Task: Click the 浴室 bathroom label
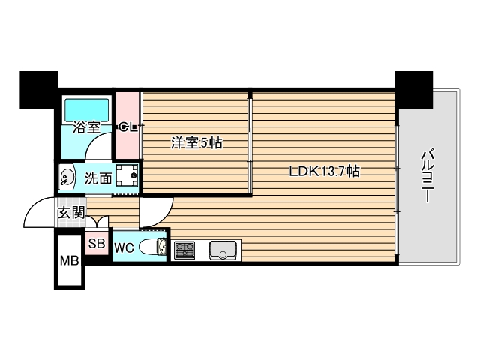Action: pyautogui.click(x=86, y=127)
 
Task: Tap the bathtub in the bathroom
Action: pyautogui.click(x=87, y=110)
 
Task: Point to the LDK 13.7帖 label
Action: pyautogui.click(x=325, y=171)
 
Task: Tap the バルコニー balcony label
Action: pyautogui.click(x=427, y=177)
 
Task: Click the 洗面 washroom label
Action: pyautogui.click(x=97, y=178)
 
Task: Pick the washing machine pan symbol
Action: pyautogui.click(x=127, y=177)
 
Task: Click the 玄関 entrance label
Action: pyautogui.click(x=71, y=212)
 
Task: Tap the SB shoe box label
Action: pyautogui.click(x=97, y=243)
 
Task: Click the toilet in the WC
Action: pyautogui.click(x=153, y=247)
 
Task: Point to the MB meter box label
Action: pyautogui.click(x=69, y=262)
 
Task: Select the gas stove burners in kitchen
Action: pyautogui.click(x=184, y=250)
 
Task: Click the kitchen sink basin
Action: pyautogui.click(x=223, y=249)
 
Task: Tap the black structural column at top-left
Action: pyautogui.click(x=38, y=88)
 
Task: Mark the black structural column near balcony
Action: pyautogui.click(x=413, y=88)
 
